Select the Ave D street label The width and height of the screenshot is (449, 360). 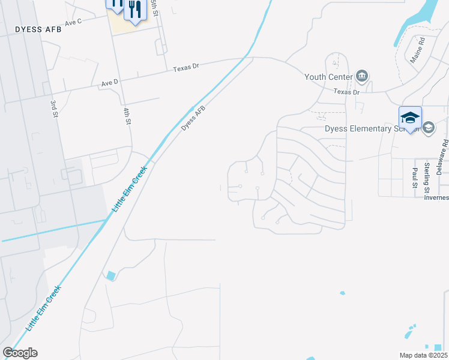pyautogui.click(x=110, y=82)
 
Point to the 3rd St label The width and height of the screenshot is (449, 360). pyautogui.click(x=54, y=109)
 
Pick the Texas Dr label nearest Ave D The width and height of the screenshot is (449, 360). pyautogui.click(x=185, y=68)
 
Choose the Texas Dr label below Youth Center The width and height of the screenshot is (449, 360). pyautogui.click(x=346, y=92)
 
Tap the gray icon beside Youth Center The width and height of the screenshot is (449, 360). pyautogui.click(x=362, y=76)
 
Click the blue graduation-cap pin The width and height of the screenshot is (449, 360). pyautogui.click(x=410, y=118)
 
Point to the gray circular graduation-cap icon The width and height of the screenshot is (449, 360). pyautogui.click(x=429, y=128)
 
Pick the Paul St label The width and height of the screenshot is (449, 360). pyautogui.click(x=415, y=178)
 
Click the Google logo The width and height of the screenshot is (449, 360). pyautogui.click(x=20, y=353)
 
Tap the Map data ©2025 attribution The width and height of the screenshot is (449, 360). pyautogui.click(x=423, y=355)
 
